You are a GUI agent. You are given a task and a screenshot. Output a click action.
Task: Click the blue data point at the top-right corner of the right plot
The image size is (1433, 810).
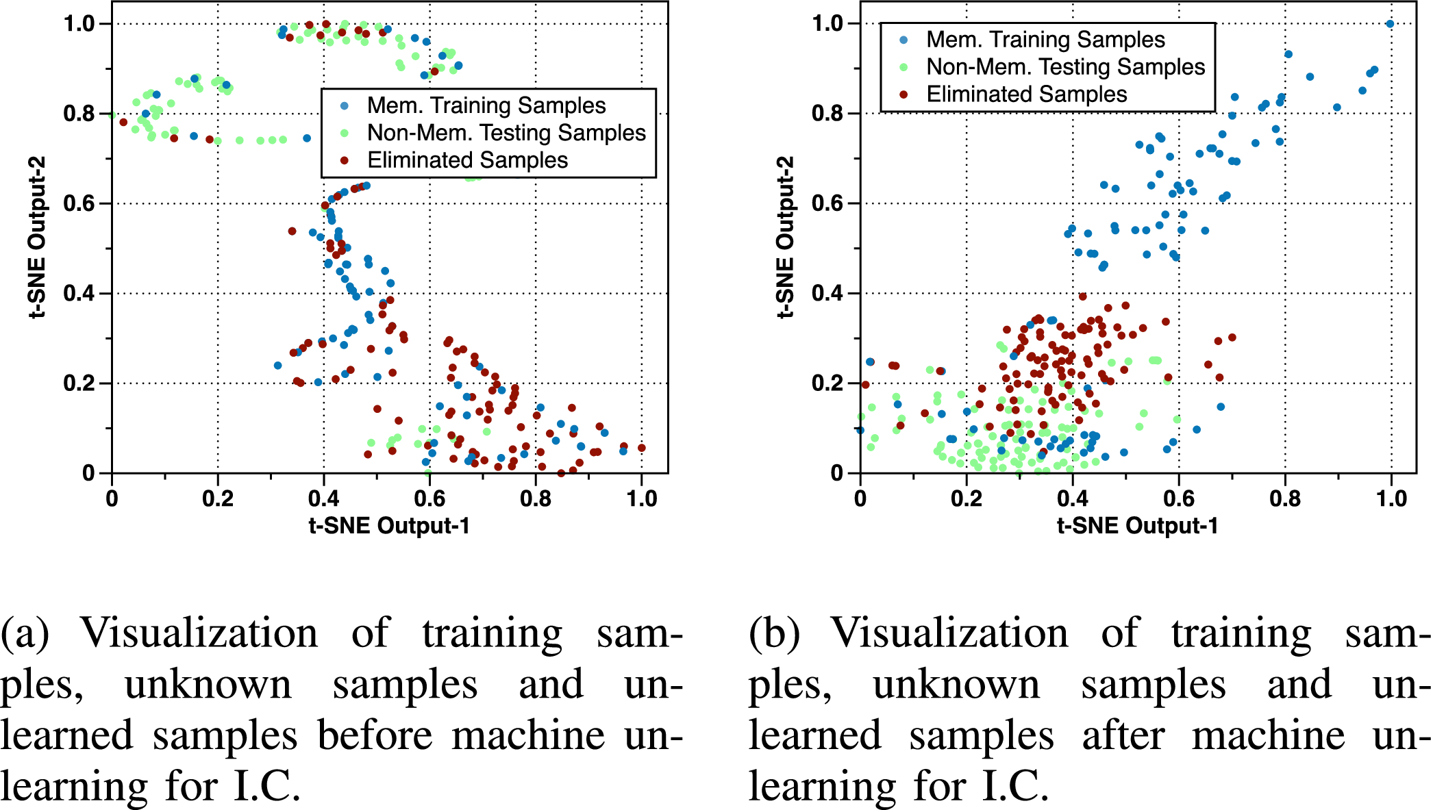tap(1390, 24)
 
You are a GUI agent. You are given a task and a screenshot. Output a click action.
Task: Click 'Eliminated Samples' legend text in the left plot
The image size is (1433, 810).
tap(467, 160)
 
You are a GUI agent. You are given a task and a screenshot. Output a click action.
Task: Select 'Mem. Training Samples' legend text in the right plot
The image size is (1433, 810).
tap(1045, 40)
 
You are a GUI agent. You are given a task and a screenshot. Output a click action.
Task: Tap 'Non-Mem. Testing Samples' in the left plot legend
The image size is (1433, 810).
tap(506, 133)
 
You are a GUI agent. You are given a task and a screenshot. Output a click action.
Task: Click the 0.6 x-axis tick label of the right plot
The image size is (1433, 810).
tap(1178, 498)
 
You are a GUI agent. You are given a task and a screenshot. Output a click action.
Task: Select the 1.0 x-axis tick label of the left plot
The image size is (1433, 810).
tap(642, 498)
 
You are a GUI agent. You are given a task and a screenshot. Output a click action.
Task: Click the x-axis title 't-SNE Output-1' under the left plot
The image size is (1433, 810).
tap(389, 526)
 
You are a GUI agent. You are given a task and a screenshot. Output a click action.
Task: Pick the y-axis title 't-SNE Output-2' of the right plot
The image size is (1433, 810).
tap(785, 237)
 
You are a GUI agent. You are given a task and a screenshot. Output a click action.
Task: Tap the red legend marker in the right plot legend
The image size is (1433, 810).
tap(904, 94)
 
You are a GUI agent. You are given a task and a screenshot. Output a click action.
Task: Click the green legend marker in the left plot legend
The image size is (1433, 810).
tap(345, 133)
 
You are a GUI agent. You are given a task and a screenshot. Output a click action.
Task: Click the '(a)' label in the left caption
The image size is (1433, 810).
tap(24, 633)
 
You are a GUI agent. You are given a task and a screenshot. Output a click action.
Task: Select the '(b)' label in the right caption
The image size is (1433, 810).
tap(774, 633)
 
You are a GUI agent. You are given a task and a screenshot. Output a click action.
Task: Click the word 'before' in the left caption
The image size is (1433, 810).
tap(375, 735)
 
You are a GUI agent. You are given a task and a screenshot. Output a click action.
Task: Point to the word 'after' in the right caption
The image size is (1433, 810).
tap(1123, 735)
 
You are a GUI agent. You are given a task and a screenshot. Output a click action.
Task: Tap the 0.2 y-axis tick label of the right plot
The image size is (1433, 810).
tap(827, 383)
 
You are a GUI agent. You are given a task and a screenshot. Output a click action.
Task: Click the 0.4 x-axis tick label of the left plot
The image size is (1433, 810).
tap(323, 498)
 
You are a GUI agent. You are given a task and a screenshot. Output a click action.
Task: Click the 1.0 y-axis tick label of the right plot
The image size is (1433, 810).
tap(827, 24)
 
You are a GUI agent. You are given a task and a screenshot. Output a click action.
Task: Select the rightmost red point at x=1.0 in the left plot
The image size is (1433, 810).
tap(642, 448)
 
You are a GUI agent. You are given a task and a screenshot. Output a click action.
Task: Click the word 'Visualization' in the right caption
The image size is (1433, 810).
tap(949, 633)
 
